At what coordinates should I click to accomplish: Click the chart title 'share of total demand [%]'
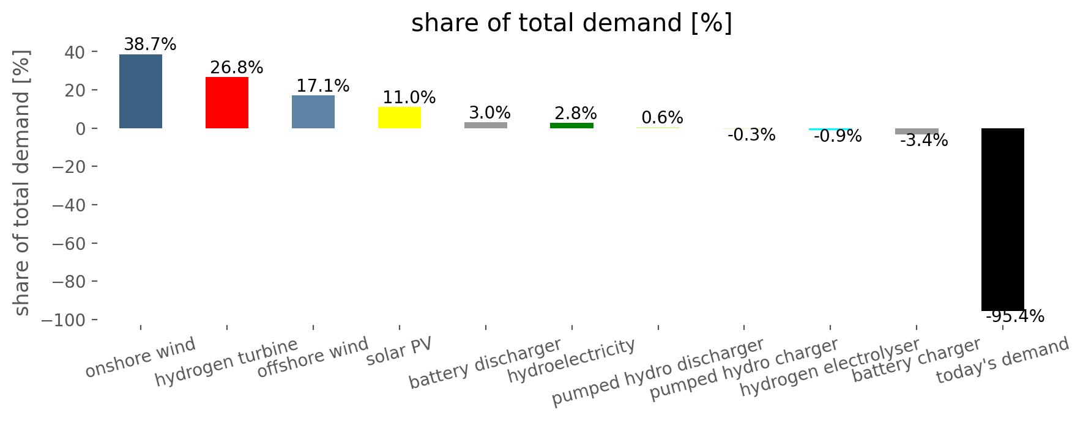click(571, 24)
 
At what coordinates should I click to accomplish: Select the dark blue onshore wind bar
click(141, 91)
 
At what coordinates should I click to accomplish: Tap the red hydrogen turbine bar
click(227, 103)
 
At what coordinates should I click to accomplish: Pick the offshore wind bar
click(313, 112)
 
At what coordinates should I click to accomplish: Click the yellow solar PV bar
click(400, 117)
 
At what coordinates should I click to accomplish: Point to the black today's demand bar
click(1003, 219)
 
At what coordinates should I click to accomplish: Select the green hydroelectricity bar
click(572, 125)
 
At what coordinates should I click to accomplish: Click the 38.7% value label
click(150, 45)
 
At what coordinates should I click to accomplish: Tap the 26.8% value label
click(237, 68)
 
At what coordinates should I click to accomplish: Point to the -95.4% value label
click(1015, 317)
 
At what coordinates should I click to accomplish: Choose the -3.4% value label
click(924, 141)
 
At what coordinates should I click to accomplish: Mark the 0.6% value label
click(663, 118)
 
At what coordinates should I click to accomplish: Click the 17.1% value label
click(323, 86)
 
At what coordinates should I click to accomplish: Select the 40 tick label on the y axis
click(76, 52)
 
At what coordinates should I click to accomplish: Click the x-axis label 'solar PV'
click(400, 351)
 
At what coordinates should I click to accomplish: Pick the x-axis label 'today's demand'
click(1003, 361)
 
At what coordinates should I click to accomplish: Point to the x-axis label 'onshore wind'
click(141, 357)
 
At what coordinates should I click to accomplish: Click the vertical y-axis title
click(21, 183)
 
